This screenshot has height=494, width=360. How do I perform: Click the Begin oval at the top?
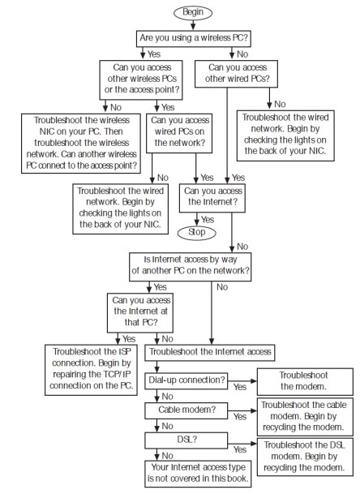(193, 13)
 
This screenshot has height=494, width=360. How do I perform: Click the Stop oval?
(196, 232)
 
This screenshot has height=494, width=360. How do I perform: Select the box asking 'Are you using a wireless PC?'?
(193, 37)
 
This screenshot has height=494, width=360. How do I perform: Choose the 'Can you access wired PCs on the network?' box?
(178, 131)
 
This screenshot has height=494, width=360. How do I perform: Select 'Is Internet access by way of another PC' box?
(191, 264)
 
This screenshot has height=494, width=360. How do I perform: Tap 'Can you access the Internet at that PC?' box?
(141, 311)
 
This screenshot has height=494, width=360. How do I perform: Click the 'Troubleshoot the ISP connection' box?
(92, 369)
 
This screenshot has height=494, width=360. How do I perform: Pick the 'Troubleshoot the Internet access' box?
(210, 353)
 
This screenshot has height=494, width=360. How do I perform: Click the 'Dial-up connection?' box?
(186, 380)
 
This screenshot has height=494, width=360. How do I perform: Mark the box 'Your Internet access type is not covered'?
(198, 473)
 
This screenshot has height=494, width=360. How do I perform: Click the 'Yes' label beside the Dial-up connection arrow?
(240, 388)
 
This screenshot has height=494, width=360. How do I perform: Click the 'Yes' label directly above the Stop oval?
(208, 219)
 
